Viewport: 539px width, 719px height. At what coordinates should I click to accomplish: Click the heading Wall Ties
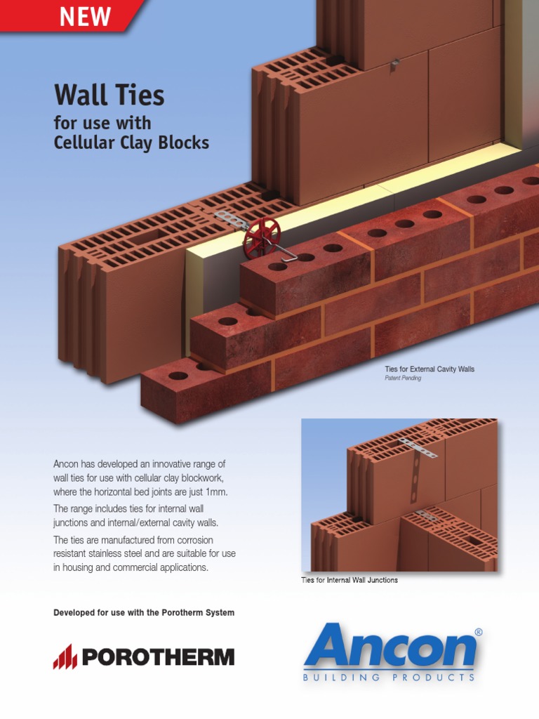109,94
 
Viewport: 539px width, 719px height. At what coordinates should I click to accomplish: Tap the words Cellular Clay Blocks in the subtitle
131,143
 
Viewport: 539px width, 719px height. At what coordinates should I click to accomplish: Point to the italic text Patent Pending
403,378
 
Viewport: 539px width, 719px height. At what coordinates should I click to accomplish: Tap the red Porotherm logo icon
65,657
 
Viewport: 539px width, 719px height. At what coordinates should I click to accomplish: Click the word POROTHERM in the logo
158,658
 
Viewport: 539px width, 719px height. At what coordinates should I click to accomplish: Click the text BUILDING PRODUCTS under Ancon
389,678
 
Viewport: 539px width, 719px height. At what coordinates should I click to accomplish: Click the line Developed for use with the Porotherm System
144,613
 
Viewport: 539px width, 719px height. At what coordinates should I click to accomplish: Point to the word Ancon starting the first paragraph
67,464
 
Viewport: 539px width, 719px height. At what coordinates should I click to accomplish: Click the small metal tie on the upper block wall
395,63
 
